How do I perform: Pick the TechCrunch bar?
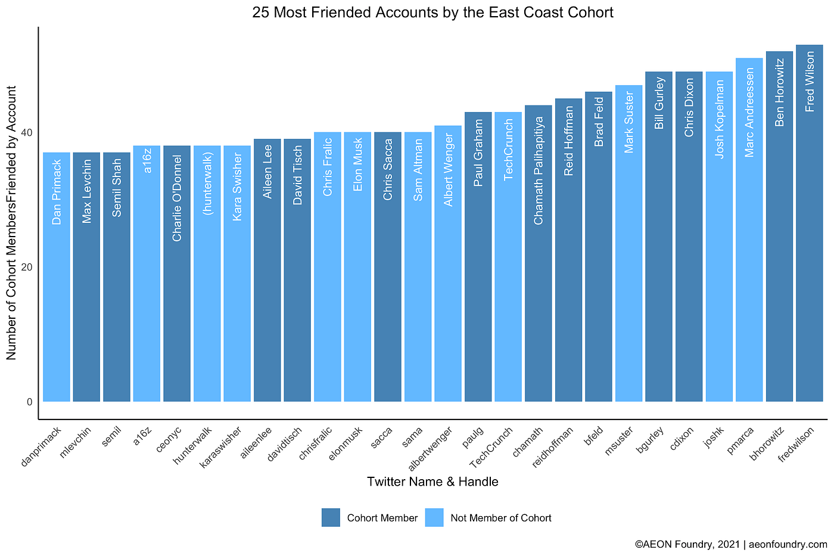pyautogui.click(x=508, y=257)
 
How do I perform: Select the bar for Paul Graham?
pyautogui.click(x=478, y=257)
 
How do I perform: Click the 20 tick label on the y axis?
pyautogui.click(x=27, y=267)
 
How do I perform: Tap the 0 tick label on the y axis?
pyautogui.click(x=29, y=402)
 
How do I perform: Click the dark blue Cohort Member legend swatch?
pyautogui.click(x=331, y=518)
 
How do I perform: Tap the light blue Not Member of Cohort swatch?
pyautogui.click(x=434, y=518)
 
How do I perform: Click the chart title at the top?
pyautogui.click(x=432, y=13)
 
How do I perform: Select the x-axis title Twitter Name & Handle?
pyautogui.click(x=432, y=482)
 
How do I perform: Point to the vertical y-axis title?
pyautogui.click(x=11, y=223)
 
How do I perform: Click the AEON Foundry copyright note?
pyautogui.click(x=731, y=545)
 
